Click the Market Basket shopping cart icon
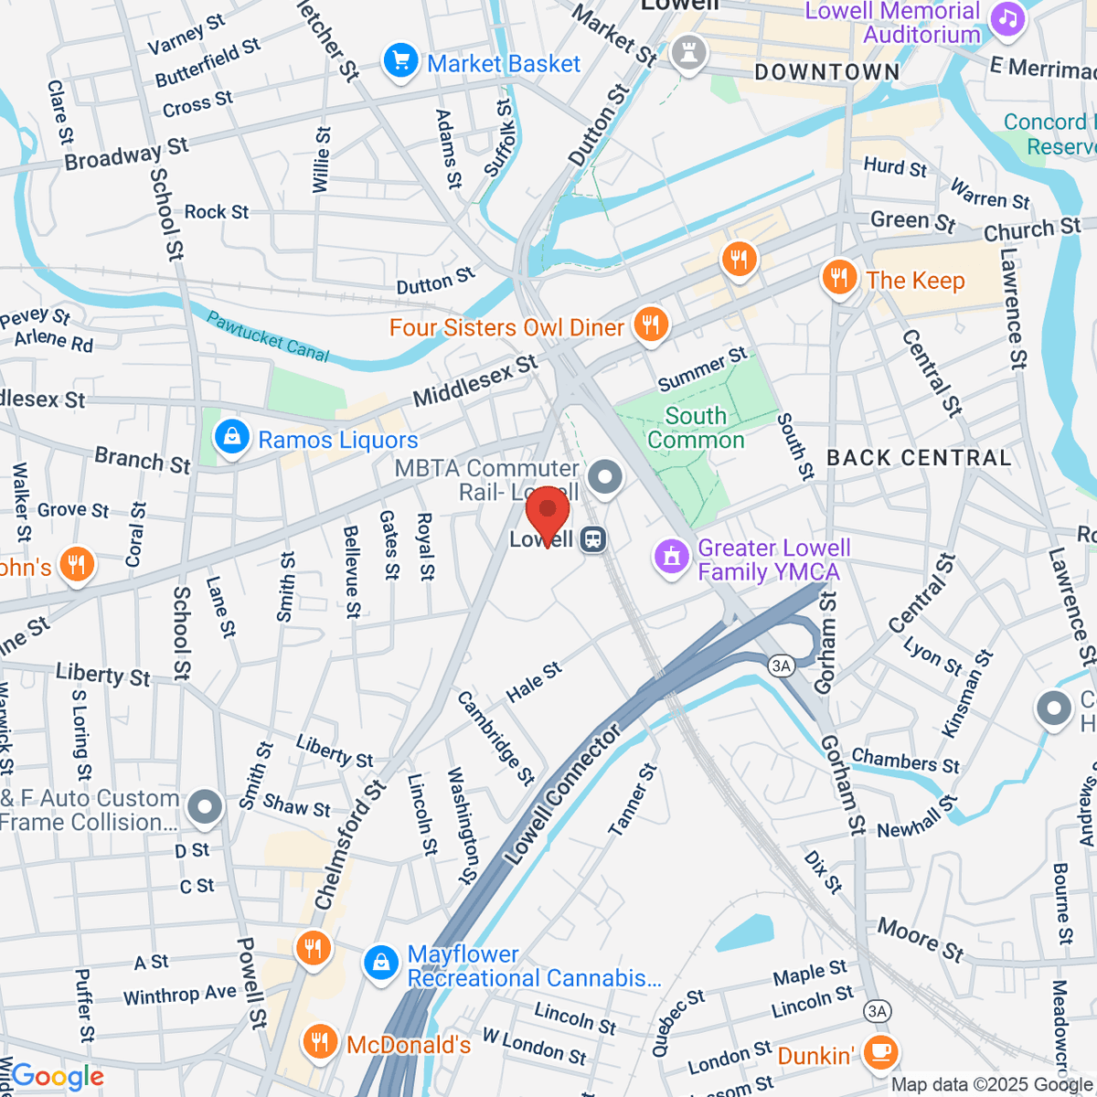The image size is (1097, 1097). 399,62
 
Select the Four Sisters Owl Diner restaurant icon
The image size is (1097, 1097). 650,325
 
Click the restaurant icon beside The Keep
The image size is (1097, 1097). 838,279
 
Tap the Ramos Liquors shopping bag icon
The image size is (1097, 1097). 232,438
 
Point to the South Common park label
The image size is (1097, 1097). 696,428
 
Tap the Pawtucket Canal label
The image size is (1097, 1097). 267,336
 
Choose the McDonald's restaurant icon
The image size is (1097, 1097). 319,1043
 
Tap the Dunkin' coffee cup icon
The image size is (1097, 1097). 880,1053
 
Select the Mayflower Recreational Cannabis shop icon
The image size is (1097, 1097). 380,964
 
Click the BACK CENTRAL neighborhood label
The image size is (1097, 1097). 919,458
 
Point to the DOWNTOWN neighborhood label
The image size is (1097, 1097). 826,72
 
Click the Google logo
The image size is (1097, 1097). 57,1077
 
